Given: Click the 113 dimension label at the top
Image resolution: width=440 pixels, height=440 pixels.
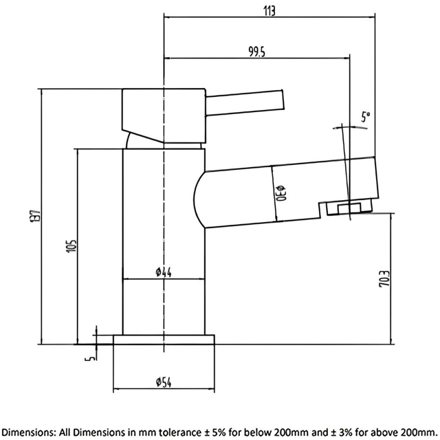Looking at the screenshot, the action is pyautogui.click(x=269, y=11).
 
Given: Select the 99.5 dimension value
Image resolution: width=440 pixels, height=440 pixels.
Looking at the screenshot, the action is pyautogui.click(x=257, y=52).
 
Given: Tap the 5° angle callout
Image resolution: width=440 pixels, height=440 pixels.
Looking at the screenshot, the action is pyautogui.click(x=365, y=117).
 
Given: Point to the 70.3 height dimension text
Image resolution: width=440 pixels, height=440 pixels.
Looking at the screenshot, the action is pyautogui.click(x=384, y=279).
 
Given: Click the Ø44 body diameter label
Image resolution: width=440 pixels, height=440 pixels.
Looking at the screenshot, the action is pyautogui.click(x=163, y=272).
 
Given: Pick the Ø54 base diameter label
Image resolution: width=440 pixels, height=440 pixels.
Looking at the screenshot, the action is pyautogui.click(x=163, y=382).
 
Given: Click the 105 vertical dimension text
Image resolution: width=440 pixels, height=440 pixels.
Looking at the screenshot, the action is pyautogui.click(x=71, y=246).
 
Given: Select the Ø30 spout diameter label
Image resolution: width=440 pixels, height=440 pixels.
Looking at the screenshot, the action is pyautogui.click(x=281, y=194).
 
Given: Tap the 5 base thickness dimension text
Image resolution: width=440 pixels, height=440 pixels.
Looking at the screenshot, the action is pyautogui.click(x=90, y=358).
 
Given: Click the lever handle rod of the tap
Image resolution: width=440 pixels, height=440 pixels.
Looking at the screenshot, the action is pyautogui.click(x=245, y=103).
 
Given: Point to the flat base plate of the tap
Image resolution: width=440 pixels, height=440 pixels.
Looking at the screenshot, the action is pyautogui.click(x=163, y=339).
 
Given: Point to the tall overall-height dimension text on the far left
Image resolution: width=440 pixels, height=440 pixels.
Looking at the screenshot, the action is pyautogui.click(x=35, y=216).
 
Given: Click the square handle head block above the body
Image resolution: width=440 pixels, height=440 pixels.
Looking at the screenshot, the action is pyautogui.click(x=164, y=116).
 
